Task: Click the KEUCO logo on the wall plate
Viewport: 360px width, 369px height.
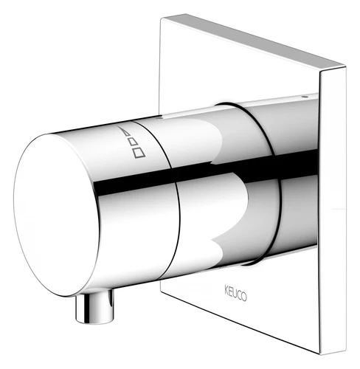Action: click(x=235, y=293)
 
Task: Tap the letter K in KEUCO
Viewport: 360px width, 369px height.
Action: click(x=226, y=289)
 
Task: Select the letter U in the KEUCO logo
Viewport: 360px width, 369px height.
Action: click(x=235, y=293)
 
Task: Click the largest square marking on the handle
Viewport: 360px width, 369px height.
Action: click(x=139, y=152)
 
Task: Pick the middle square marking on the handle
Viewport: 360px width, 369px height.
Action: click(x=133, y=142)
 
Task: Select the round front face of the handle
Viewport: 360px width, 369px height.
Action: click(x=57, y=215)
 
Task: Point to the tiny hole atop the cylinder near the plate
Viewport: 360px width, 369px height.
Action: click(x=305, y=97)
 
